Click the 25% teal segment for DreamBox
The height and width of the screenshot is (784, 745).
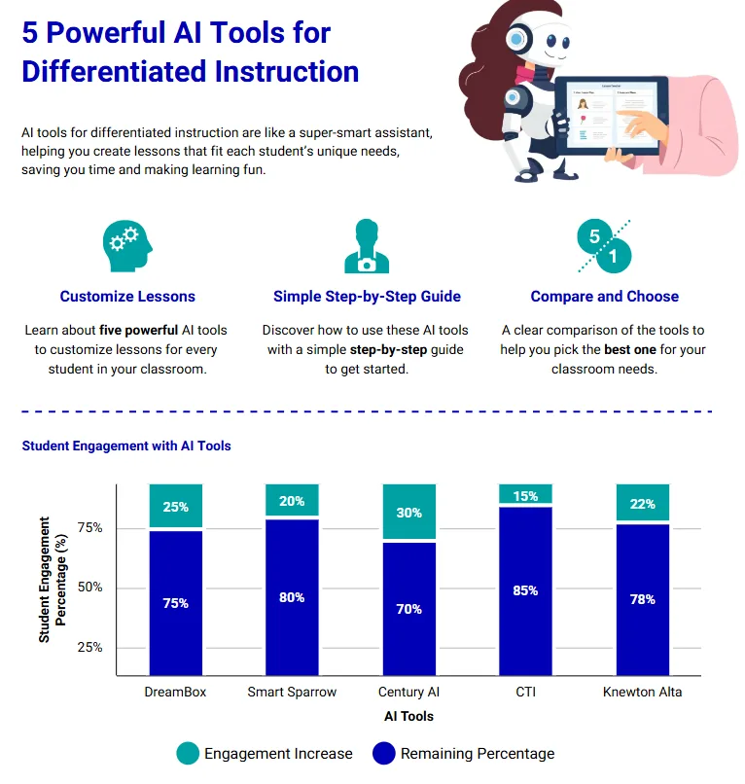point(176,507)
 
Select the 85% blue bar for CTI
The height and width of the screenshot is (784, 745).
point(525,590)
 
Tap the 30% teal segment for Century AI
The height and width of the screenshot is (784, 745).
point(408,513)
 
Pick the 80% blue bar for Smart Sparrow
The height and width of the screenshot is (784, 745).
point(292,597)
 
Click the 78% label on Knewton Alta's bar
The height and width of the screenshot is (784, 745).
point(642,599)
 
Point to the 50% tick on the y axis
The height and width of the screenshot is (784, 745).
point(89,588)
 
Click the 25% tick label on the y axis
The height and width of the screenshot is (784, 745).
point(89,647)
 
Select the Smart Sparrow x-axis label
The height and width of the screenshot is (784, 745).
point(292,693)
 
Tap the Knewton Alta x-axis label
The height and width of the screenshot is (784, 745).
point(642,693)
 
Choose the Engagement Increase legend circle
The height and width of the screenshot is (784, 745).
point(188,753)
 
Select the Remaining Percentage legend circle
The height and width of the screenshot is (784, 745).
point(384,753)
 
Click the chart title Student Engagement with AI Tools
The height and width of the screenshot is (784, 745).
point(126,445)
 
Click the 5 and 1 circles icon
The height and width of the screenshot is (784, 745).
point(604,247)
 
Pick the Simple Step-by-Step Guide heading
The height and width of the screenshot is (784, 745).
point(367,297)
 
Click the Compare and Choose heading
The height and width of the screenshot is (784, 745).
point(604,297)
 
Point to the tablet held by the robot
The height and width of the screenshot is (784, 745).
point(613,116)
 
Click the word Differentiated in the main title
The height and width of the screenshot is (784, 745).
point(190,72)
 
